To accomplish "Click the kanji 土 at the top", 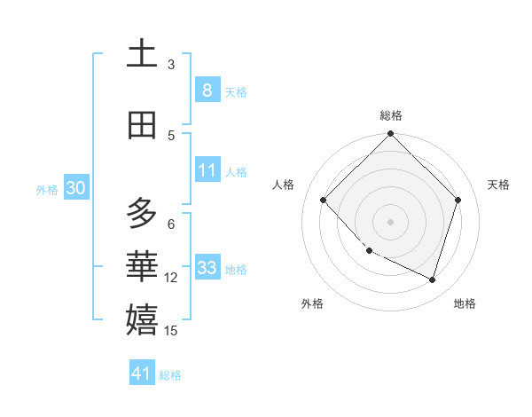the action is coord(142,54).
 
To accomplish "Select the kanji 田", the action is coord(142,125).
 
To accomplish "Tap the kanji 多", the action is coord(142,213).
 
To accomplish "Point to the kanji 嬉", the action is coord(142,319).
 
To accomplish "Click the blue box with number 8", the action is coord(207,90).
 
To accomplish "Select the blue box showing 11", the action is coord(207,170).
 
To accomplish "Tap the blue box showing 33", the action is coord(207,268).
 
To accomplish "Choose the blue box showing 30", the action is coord(75,188).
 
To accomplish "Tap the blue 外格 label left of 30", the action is coord(47,189).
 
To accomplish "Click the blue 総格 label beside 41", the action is coord(170,375).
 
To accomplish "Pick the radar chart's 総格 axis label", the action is coord(390,115).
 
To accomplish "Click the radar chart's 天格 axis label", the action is coord(498,185).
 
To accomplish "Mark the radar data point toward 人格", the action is coord(324,201).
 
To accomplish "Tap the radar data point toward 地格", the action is coord(432,279).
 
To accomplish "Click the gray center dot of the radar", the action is coord(390,221).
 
